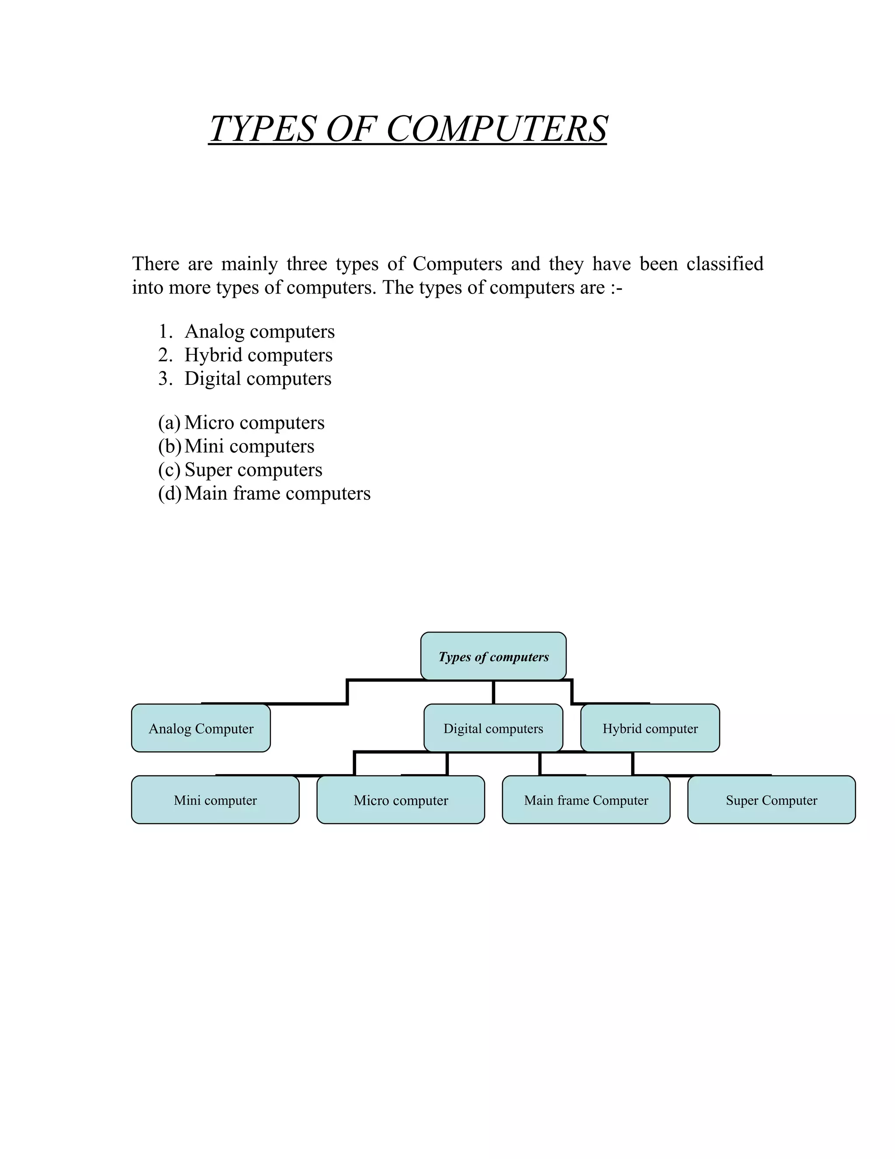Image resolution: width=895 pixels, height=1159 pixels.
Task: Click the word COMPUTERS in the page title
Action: [x=496, y=129]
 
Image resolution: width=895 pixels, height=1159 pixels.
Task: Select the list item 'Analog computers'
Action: [x=259, y=332]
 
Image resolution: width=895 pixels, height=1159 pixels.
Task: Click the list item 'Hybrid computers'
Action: [x=258, y=355]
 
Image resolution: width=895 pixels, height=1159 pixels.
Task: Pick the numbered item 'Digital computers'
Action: [x=258, y=379]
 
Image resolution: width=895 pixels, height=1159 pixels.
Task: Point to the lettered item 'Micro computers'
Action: [x=254, y=423]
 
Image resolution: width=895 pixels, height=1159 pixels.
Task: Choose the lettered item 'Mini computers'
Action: [x=249, y=446]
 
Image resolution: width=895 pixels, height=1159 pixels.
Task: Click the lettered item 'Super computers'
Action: [x=253, y=470]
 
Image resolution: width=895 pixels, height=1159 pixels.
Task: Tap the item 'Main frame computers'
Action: [x=278, y=493]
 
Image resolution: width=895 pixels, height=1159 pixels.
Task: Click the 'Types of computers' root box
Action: [x=493, y=656]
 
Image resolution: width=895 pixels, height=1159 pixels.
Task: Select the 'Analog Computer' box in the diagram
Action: [x=201, y=728]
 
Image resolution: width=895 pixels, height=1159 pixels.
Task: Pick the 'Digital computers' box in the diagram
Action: [x=493, y=728]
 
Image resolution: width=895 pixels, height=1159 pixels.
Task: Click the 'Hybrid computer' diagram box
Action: [x=650, y=728]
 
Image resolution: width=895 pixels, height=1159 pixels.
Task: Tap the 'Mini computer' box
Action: [x=215, y=800]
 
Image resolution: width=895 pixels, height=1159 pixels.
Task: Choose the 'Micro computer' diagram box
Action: [x=401, y=800]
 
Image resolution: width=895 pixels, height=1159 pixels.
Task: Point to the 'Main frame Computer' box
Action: [x=586, y=800]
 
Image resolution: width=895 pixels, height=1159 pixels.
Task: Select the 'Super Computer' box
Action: [x=771, y=800]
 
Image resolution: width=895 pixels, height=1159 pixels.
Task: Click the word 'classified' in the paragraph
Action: [x=725, y=264]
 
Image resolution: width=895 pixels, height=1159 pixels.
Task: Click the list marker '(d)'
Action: [x=169, y=493]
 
